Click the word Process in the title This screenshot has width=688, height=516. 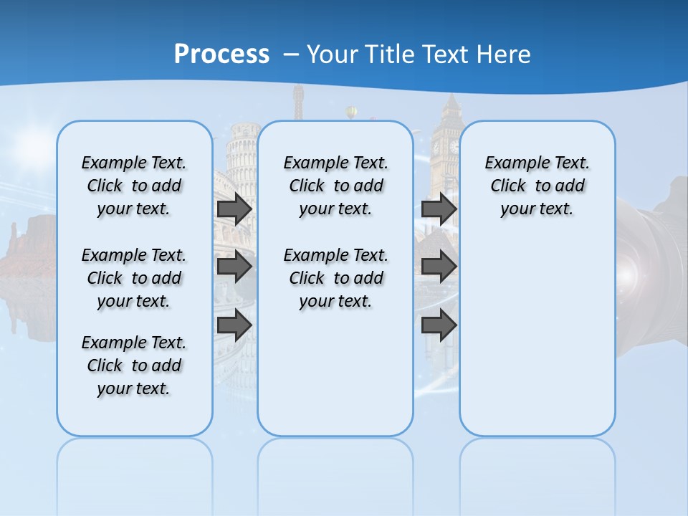(221, 54)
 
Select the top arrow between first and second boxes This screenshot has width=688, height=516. (234, 209)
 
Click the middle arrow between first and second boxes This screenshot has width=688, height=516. (234, 267)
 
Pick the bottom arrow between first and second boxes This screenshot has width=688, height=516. (234, 325)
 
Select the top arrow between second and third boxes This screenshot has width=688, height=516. (439, 209)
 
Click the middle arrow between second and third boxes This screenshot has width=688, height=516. (439, 267)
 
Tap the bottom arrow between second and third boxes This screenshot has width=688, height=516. (439, 325)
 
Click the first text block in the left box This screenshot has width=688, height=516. (134, 186)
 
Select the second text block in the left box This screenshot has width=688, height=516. (134, 278)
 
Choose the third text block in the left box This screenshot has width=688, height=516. (134, 365)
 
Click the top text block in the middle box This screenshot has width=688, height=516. (335, 186)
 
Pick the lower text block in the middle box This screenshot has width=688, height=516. (335, 278)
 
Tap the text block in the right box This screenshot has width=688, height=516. (537, 186)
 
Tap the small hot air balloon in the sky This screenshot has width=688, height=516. (351, 112)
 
